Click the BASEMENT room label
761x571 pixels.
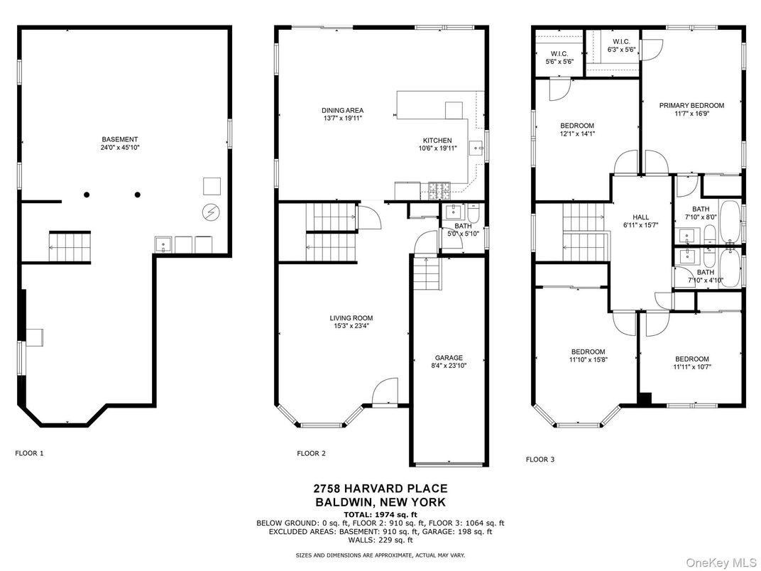(119, 139)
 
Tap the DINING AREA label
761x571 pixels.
(342, 110)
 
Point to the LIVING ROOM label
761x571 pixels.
(351, 318)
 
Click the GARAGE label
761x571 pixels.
(449, 358)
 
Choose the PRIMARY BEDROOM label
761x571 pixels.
(691, 106)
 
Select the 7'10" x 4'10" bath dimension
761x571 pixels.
(705, 281)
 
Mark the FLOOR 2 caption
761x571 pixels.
(311, 452)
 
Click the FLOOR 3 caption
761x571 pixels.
(540, 459)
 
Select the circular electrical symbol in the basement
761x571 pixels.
(211, 211)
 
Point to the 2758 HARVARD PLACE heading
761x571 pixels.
(380, 488)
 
